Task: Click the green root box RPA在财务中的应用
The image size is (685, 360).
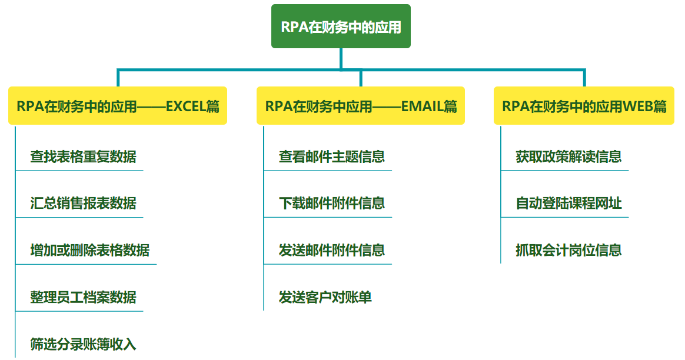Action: click(341, 26)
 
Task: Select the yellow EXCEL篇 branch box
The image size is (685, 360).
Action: click(118, 106)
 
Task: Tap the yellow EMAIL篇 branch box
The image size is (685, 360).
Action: click(361, 106)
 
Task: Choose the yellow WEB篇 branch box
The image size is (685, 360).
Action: click(584, 106)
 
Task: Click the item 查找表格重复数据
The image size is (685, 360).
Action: click(83, 157)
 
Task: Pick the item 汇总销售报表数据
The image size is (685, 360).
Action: click(83, 204)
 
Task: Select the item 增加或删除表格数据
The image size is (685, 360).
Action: click(89, 251)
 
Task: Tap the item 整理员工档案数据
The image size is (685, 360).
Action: click(83, 297)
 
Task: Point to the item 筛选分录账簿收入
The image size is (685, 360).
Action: click(83, 344)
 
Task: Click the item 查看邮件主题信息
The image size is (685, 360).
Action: click(332, 157)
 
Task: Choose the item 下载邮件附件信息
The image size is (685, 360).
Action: click(332, 204)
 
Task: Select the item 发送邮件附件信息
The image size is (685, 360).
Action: click(332, 251)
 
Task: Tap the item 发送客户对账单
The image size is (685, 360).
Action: click(325, 297)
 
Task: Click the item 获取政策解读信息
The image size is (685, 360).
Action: click(568, 157)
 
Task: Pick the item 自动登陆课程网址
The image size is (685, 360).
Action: click(568, 204)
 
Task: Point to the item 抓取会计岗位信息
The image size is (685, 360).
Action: click(568, 251)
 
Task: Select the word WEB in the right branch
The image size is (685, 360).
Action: click(636, 106)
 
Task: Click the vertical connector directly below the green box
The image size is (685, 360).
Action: click(341, 58)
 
